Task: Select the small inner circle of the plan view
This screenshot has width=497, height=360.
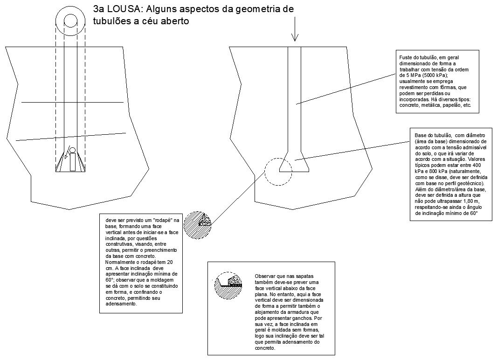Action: pos(71,21)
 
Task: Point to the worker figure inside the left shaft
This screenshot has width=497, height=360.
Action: pos(72,160)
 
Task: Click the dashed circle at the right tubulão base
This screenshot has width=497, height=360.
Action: pos(279,172)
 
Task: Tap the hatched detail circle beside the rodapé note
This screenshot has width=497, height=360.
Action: pos(197,225)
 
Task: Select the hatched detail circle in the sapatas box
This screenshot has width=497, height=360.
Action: pos(228,285)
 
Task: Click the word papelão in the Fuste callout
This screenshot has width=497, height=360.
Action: pos(448,105)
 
